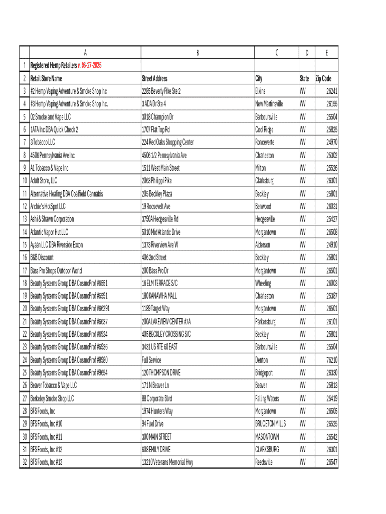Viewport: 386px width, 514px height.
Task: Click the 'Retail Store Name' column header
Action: coord(46,78)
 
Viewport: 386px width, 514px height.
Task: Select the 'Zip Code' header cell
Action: coord(323,78)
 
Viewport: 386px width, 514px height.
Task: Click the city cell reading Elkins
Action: coord(260,91)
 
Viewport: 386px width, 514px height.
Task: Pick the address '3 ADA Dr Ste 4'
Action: coord(154,104)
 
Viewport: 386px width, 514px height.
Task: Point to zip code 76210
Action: coord(331,360)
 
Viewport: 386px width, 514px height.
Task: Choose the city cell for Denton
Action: coord(262,360)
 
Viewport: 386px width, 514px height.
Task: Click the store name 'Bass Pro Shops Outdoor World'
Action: coord(56,271)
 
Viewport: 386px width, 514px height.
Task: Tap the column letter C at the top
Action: coord(277,52)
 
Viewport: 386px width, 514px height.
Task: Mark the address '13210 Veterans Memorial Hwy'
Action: coord(167,462)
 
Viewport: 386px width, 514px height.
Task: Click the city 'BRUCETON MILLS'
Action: coord(270,424)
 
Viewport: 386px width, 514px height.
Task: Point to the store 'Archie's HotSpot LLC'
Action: coord(48,206)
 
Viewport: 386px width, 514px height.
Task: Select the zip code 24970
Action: coord(331,142)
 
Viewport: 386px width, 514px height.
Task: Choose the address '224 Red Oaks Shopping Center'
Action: coord(167,142)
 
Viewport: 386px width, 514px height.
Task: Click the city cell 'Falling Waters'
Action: coord(268,398)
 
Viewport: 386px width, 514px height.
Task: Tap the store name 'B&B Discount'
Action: coord(42,258)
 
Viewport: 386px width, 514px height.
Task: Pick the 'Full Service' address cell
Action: coord(151,360)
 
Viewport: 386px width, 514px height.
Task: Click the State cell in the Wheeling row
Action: coord(303,283)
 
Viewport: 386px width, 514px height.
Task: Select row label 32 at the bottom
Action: coord(24,462)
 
